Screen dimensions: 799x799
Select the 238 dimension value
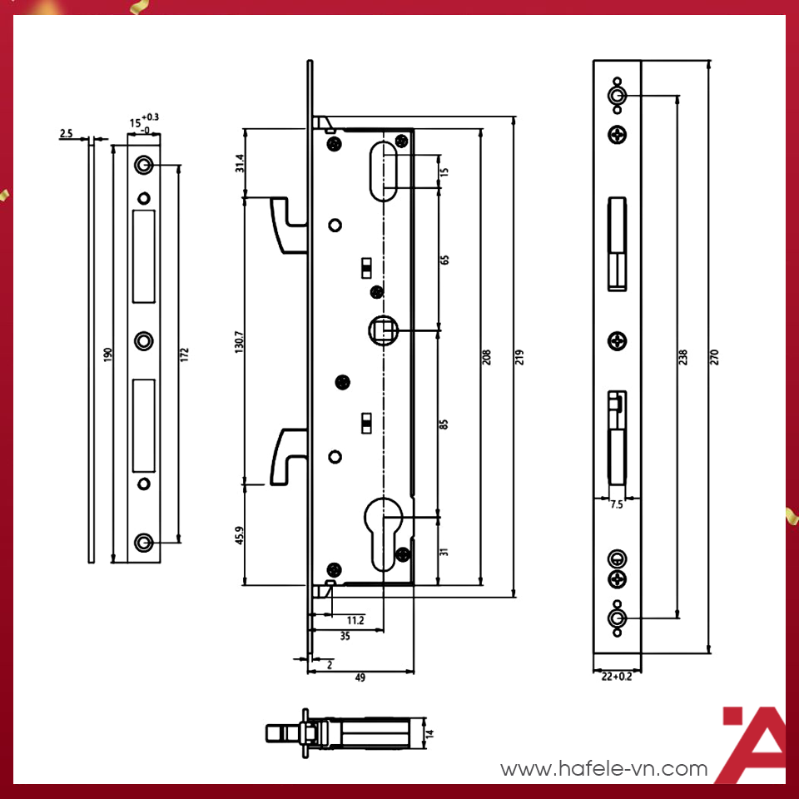point(683,356)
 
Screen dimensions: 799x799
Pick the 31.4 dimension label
point(239,163)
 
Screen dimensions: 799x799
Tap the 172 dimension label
point(185,355)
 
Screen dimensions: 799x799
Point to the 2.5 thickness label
point(67,133)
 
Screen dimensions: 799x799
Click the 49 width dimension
point(360,678)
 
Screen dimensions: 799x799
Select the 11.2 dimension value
point(355,620)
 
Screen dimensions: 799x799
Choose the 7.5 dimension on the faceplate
point(617,505)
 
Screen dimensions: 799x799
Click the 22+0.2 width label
point(616,677)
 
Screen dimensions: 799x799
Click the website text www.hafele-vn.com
point(603,769)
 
